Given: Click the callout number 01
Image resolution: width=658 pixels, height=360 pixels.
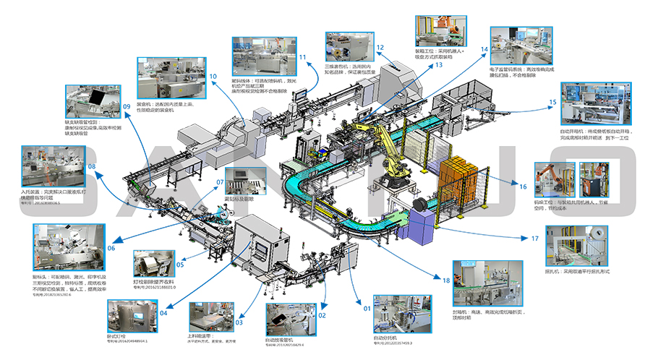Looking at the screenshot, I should tap(367, 309).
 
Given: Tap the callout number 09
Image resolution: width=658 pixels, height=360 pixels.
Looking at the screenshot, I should tap(126, 107).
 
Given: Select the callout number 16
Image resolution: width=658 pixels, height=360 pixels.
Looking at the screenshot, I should tap(523, 186).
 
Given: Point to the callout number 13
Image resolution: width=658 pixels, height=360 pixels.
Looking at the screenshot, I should tap(438, 64).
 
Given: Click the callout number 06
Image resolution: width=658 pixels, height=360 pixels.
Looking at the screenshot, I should tap(111, 248).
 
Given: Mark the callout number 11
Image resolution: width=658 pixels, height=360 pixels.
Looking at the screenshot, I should tap(302, 58).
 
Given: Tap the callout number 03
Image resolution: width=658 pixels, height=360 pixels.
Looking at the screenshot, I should tap(239, 312).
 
